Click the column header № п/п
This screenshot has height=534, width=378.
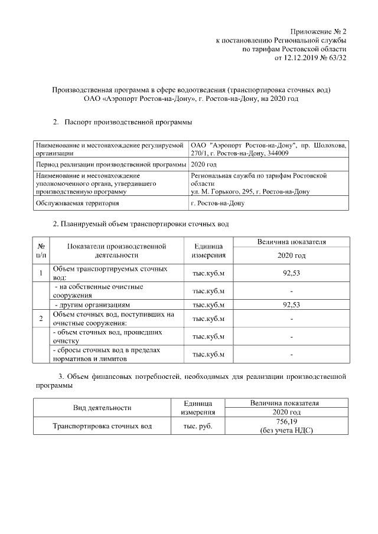point(42,251)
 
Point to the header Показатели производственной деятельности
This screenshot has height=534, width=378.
point(116,251)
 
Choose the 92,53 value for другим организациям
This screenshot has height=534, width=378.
point(292,305)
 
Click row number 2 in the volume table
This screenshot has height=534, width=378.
point(41,319)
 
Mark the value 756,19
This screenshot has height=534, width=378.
point(286,421)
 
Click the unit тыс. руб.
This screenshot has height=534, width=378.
point(197,425)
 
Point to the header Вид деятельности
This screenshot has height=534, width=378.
point(102,408)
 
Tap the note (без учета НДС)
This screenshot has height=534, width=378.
point(286,430)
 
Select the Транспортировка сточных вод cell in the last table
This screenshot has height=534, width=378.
point(102,425)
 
